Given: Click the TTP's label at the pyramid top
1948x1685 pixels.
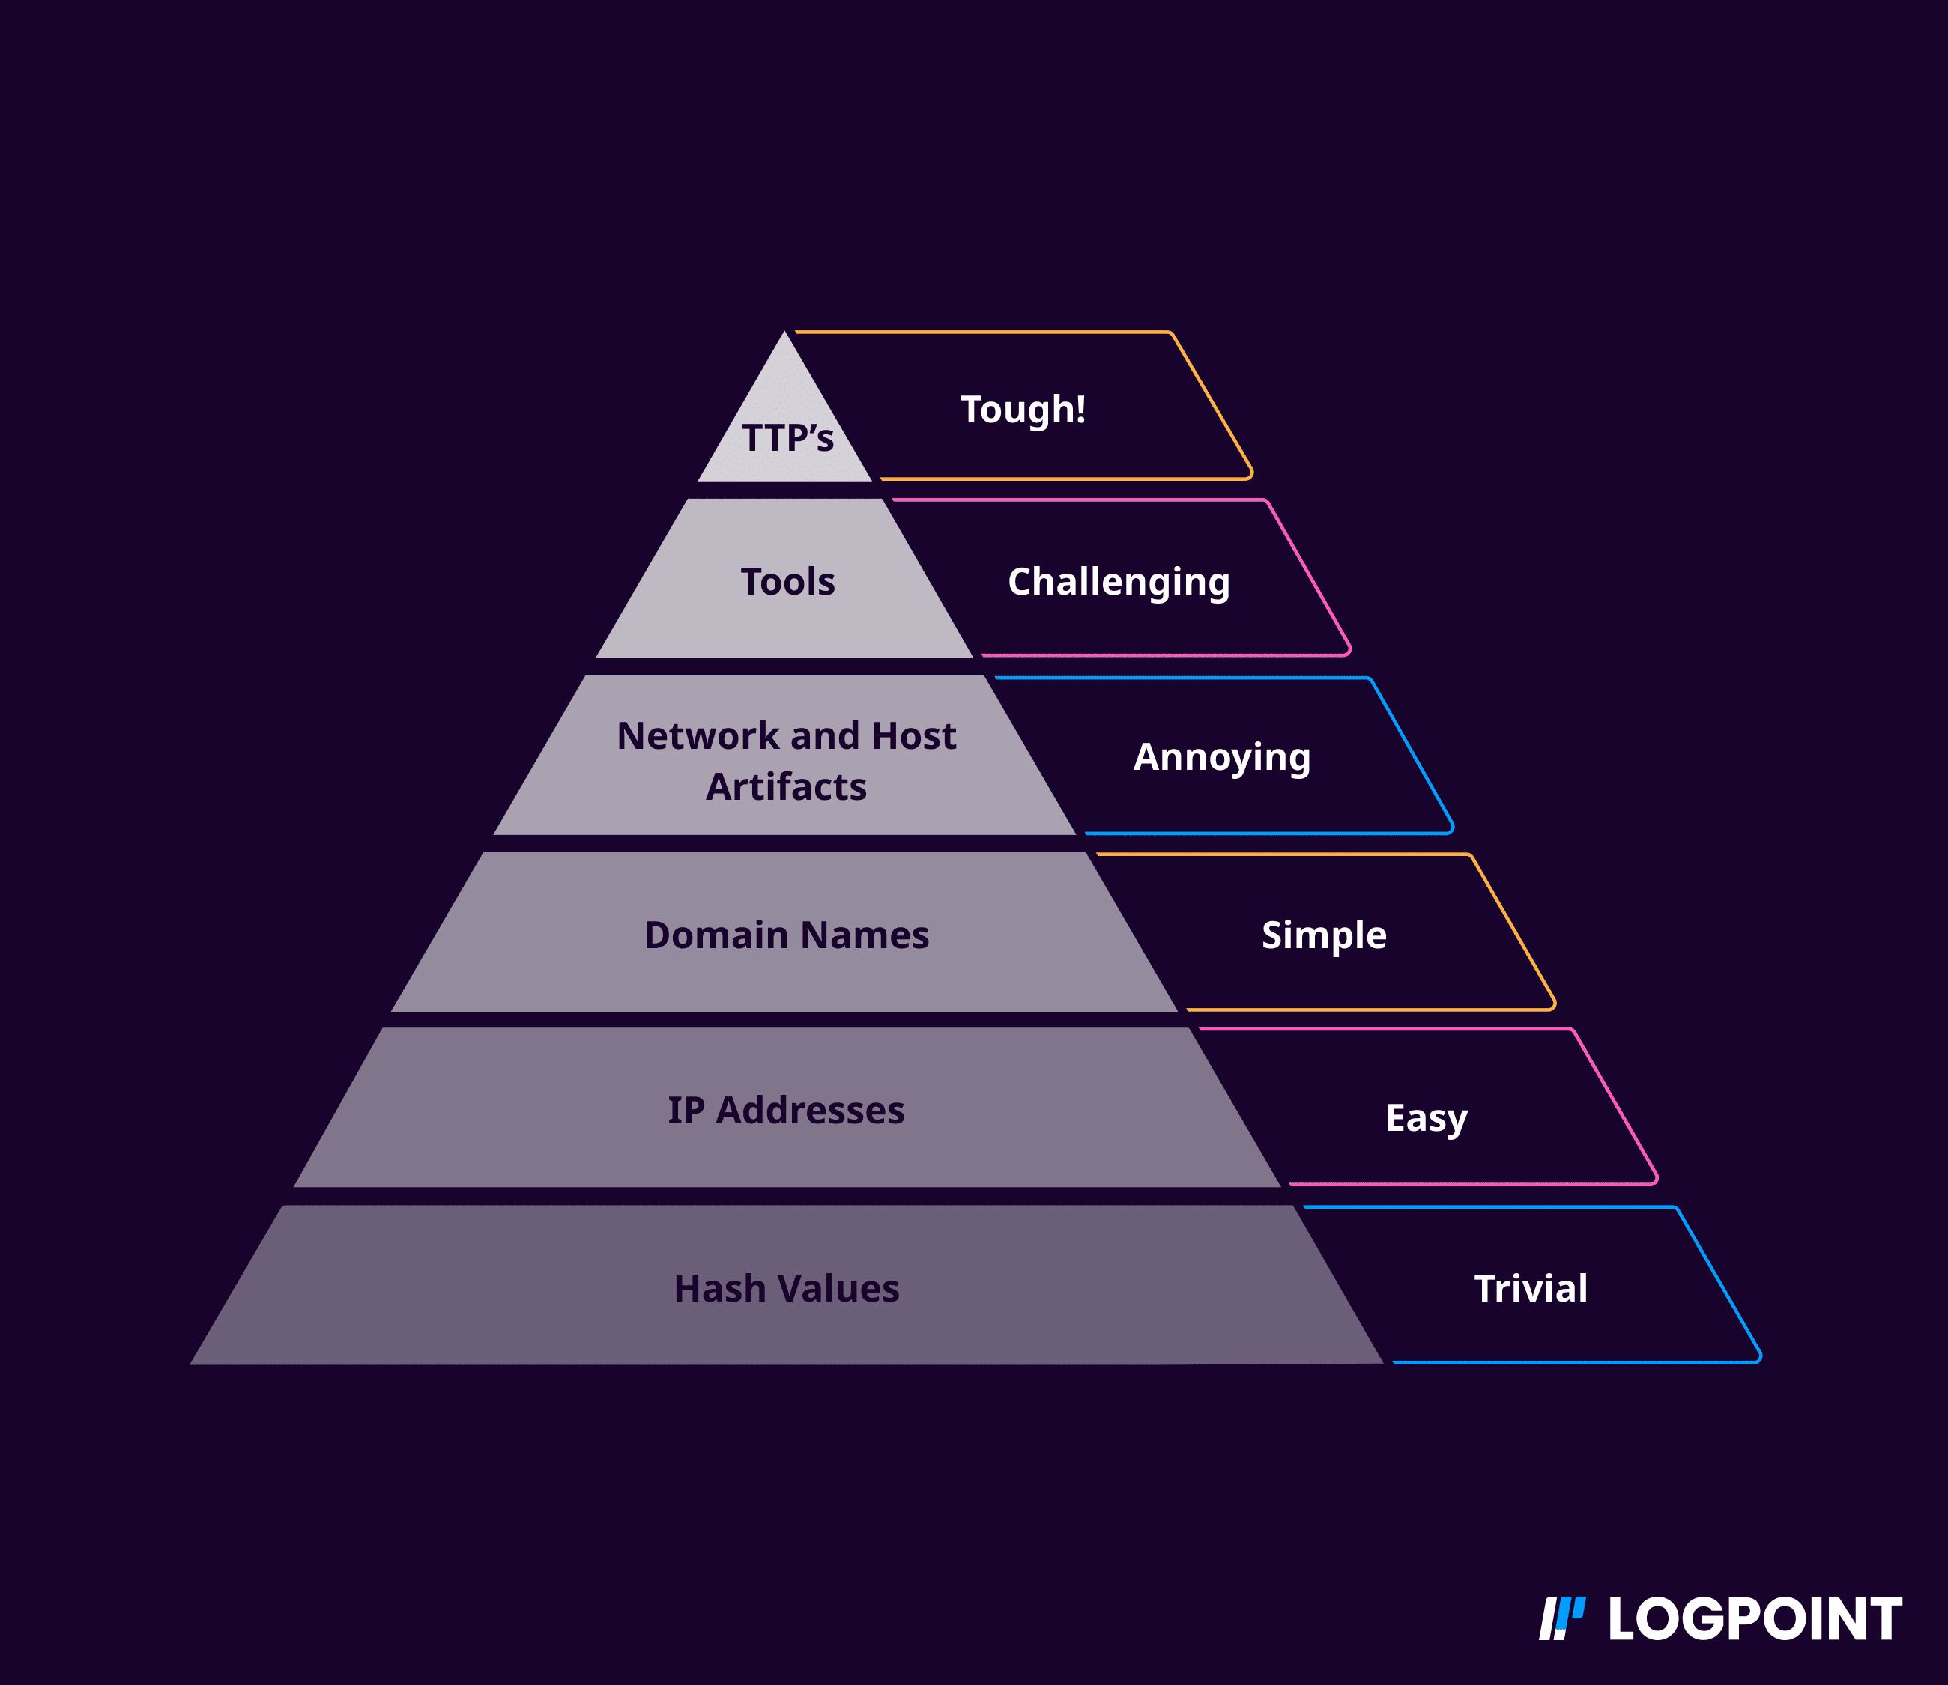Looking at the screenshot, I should pos(787,438).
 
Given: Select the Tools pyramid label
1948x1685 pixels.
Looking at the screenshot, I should pos(787,582).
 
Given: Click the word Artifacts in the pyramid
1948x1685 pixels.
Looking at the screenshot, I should pos(787,787).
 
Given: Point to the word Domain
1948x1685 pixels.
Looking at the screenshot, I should pos(716,935).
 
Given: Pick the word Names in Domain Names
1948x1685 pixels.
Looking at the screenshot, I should pos(865,935).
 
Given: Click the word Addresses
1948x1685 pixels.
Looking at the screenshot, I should pos(810,1111).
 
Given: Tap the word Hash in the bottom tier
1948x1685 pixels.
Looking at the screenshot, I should pos(719,1289).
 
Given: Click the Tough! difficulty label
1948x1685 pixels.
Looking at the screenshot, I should pos(1023,410).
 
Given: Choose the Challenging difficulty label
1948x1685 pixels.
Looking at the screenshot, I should pos(1119,582).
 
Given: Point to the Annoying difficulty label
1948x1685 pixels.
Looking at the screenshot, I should pos(1222,757).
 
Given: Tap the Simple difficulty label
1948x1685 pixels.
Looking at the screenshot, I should pos(1323,935).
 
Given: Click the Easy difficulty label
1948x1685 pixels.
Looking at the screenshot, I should pos(1426,1118).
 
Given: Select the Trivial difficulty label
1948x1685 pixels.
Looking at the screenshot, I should pos(1531,1289).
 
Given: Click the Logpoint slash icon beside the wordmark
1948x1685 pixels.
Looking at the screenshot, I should pos(1561,1618).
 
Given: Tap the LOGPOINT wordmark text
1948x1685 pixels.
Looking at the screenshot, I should pos(1754,1619).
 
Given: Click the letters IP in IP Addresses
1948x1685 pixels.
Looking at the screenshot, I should pos(685,1111).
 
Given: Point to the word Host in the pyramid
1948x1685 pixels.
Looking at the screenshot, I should pos(913,736).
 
